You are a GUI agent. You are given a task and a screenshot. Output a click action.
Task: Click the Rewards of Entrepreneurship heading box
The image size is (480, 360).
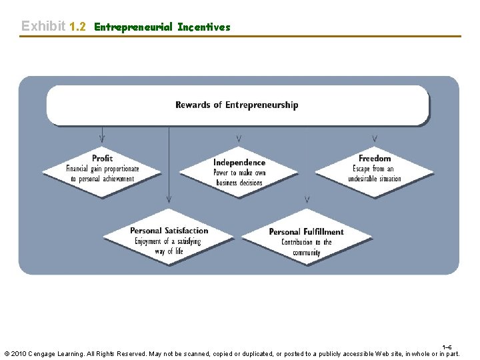click(x=237, y=105)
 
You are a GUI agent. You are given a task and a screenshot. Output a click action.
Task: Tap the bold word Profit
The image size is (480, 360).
click(x=102, y=158)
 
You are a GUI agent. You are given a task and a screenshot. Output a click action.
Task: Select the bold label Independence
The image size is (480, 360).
click(x=239, y=163)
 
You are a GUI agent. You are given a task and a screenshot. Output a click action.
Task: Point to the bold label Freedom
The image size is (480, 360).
click(x=375, y=158)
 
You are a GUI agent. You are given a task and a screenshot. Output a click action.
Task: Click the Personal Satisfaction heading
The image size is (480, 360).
click(x=169, y=231)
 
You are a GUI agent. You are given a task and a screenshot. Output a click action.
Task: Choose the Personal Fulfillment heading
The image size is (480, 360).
click(x=306, y=232)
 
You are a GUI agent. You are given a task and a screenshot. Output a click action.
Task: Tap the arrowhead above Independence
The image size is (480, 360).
click(x=239, y=139)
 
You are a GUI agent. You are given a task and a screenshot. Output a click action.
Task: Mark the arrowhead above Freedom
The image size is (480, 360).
click(x=375, y=139)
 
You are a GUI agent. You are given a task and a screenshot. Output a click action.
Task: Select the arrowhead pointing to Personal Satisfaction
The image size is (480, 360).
click(x=169, y=199)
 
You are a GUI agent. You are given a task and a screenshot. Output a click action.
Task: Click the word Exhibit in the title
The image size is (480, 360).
click(x=43, y=27)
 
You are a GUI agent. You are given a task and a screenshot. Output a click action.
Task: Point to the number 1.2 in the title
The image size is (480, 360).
click(x=78, y=27)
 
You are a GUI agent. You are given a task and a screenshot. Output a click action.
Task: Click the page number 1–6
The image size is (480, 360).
click(x=447, y=347)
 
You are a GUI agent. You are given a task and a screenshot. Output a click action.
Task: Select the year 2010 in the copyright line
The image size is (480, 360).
click(x=20, y=353)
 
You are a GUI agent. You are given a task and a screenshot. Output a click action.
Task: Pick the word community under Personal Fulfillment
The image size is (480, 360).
click(x=306, y=253)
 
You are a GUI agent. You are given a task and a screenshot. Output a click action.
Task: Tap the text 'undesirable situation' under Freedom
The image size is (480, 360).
click(x=375, y=179)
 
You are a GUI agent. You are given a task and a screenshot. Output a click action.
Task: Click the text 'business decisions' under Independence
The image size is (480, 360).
click(x=239, y=183)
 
